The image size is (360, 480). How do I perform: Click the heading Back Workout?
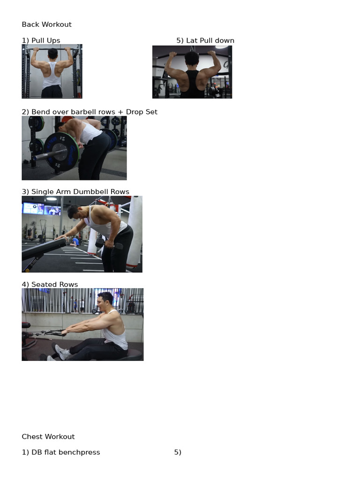point(46,24)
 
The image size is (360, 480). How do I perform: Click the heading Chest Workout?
point(48,436)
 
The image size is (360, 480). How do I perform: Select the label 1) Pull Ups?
point(41,40)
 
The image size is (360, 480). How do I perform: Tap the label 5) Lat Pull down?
point(205,40)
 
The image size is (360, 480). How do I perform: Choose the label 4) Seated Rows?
point(50,285)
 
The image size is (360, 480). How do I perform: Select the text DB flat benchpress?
point(66,452)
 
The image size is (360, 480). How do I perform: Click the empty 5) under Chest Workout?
point(178,452)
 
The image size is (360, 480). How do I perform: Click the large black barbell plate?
point(61,151)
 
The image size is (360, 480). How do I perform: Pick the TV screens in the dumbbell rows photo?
point(42,209)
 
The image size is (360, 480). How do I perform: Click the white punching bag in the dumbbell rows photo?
point(135,232)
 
